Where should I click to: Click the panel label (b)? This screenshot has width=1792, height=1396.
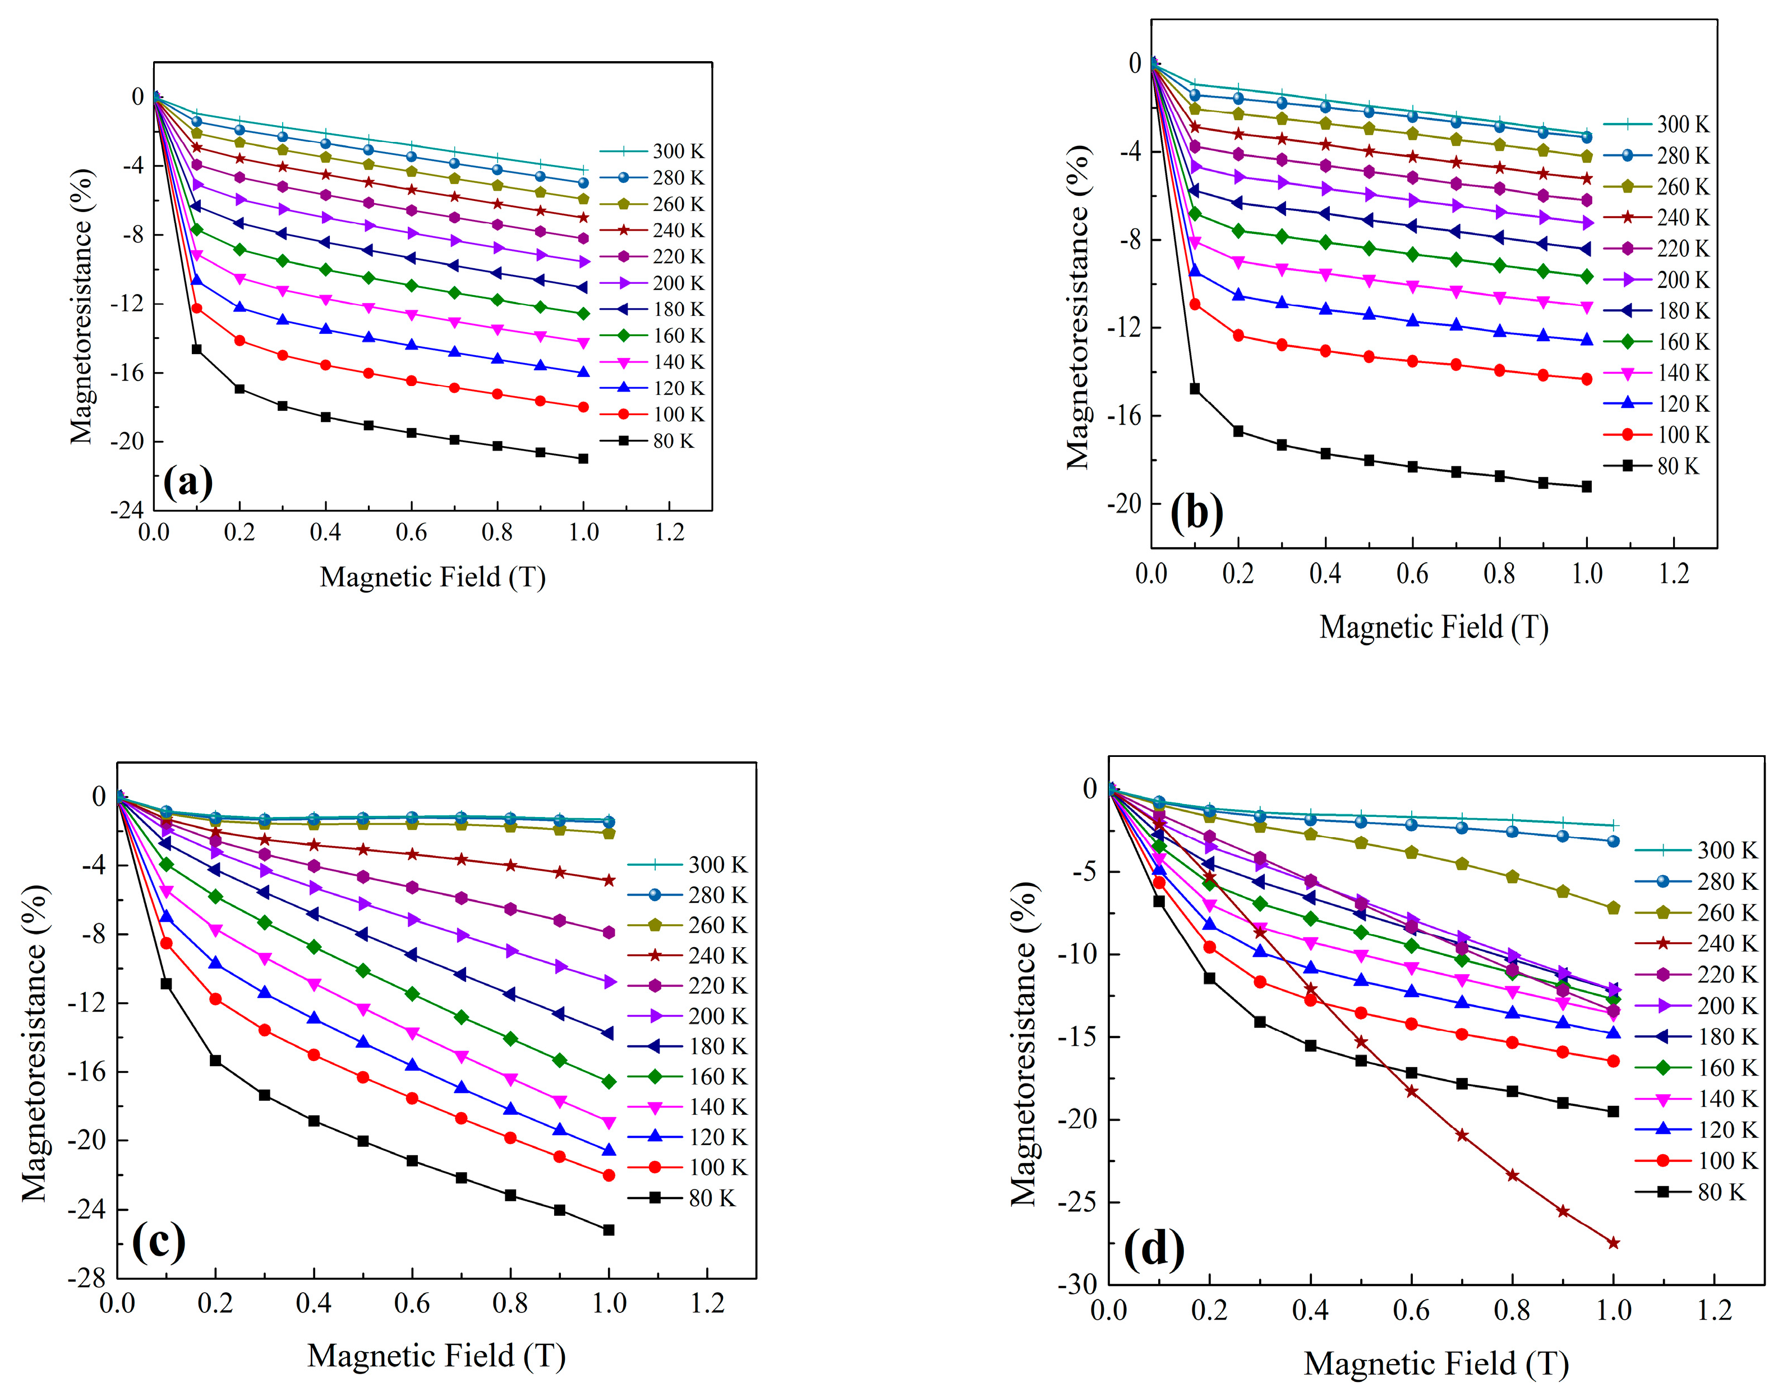click(x=1196, y=514)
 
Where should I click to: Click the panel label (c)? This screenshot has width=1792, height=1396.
click(x=158, y=1242)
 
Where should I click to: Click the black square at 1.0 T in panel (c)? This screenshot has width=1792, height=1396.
click(x=609, y=1229)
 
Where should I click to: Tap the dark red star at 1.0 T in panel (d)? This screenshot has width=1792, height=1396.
click(x=1613, y=1242)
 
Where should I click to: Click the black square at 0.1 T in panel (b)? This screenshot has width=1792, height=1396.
click(x=1195, y=389)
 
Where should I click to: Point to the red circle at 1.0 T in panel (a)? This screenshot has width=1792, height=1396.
click(x=583, y=407)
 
